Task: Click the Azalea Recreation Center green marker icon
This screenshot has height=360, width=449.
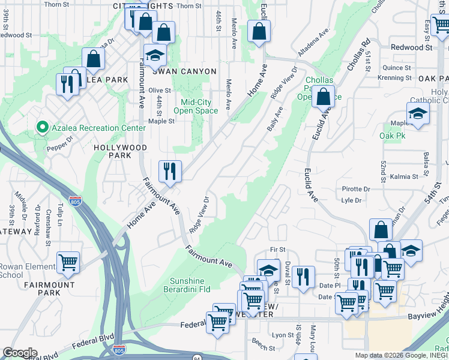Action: [x=42, y=127]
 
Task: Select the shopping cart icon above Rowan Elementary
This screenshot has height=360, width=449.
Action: [x=68, y=262]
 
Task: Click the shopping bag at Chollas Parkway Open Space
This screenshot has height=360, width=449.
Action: [x=324, y=97]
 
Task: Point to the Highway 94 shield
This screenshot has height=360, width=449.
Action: [x=197, y=358]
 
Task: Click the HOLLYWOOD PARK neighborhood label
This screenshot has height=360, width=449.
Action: [x=121, y=151]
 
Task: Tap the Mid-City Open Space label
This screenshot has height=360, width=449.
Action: [x=196, y=106]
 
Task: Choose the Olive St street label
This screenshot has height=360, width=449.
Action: [x=160, y=90]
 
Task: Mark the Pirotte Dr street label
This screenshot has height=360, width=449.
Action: [x=356, y=189]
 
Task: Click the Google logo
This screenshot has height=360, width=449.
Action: [x=19, y=353]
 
